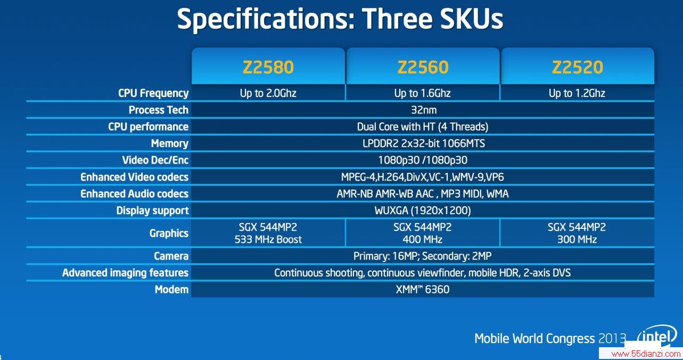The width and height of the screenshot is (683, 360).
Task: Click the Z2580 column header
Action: pos(268,67)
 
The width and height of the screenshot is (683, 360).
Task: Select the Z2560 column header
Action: pos(423,67)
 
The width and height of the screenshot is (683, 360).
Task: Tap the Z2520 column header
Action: pos(578,67)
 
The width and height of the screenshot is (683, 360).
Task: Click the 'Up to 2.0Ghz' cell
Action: pos(268,93)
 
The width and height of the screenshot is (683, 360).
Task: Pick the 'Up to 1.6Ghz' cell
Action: pos(422,93)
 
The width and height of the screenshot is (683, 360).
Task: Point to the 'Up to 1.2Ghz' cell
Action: pos(577,93)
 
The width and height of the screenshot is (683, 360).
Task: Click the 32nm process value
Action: pos(424,110)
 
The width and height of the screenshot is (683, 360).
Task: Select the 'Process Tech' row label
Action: pos(159,110)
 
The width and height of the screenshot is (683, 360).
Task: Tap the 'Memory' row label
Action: pos(170,143)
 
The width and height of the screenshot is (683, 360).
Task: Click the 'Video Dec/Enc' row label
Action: pos(155,160)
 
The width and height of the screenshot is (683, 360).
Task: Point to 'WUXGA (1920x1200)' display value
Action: pos(423,210)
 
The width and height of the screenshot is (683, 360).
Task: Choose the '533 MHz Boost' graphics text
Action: pos(268,240)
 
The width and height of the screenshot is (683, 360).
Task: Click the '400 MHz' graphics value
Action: pos(422,240)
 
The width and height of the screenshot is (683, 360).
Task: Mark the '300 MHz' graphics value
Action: pos(577,240)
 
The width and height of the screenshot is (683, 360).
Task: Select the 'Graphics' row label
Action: pos(169,233)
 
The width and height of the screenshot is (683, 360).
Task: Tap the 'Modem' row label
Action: pos(171,289)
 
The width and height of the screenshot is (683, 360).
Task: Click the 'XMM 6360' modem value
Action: pos(423,289)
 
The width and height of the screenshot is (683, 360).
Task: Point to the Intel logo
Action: pos(657,336)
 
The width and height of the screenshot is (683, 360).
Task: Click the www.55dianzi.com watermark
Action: pos(646,354)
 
